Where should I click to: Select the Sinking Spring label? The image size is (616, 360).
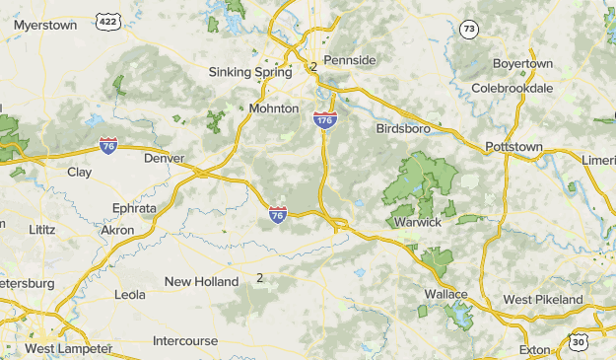250,72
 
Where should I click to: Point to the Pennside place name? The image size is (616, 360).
350,60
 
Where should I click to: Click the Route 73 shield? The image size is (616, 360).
468,30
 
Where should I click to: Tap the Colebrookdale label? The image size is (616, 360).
512,88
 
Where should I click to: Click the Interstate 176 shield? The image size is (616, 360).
325,119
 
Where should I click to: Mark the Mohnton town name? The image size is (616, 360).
274,108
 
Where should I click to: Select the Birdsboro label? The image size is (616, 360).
405,128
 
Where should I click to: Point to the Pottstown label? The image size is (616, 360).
513,147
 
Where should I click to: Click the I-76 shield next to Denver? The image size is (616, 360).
109,146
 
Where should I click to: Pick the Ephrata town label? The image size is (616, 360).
134,208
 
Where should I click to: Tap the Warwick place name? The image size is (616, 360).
418,222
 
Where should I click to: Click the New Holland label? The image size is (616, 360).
201,281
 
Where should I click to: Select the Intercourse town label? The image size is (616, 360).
185,341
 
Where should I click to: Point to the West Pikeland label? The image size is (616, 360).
543,299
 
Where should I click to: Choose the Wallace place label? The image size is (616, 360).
445,294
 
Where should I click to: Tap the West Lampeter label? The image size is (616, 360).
67,349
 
